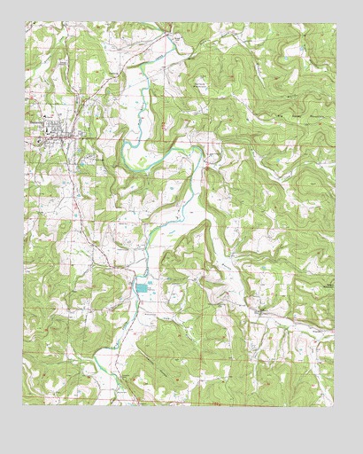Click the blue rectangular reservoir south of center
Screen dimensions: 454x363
142,286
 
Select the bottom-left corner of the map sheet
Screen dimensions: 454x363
25,404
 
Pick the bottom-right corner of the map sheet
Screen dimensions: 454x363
335,404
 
